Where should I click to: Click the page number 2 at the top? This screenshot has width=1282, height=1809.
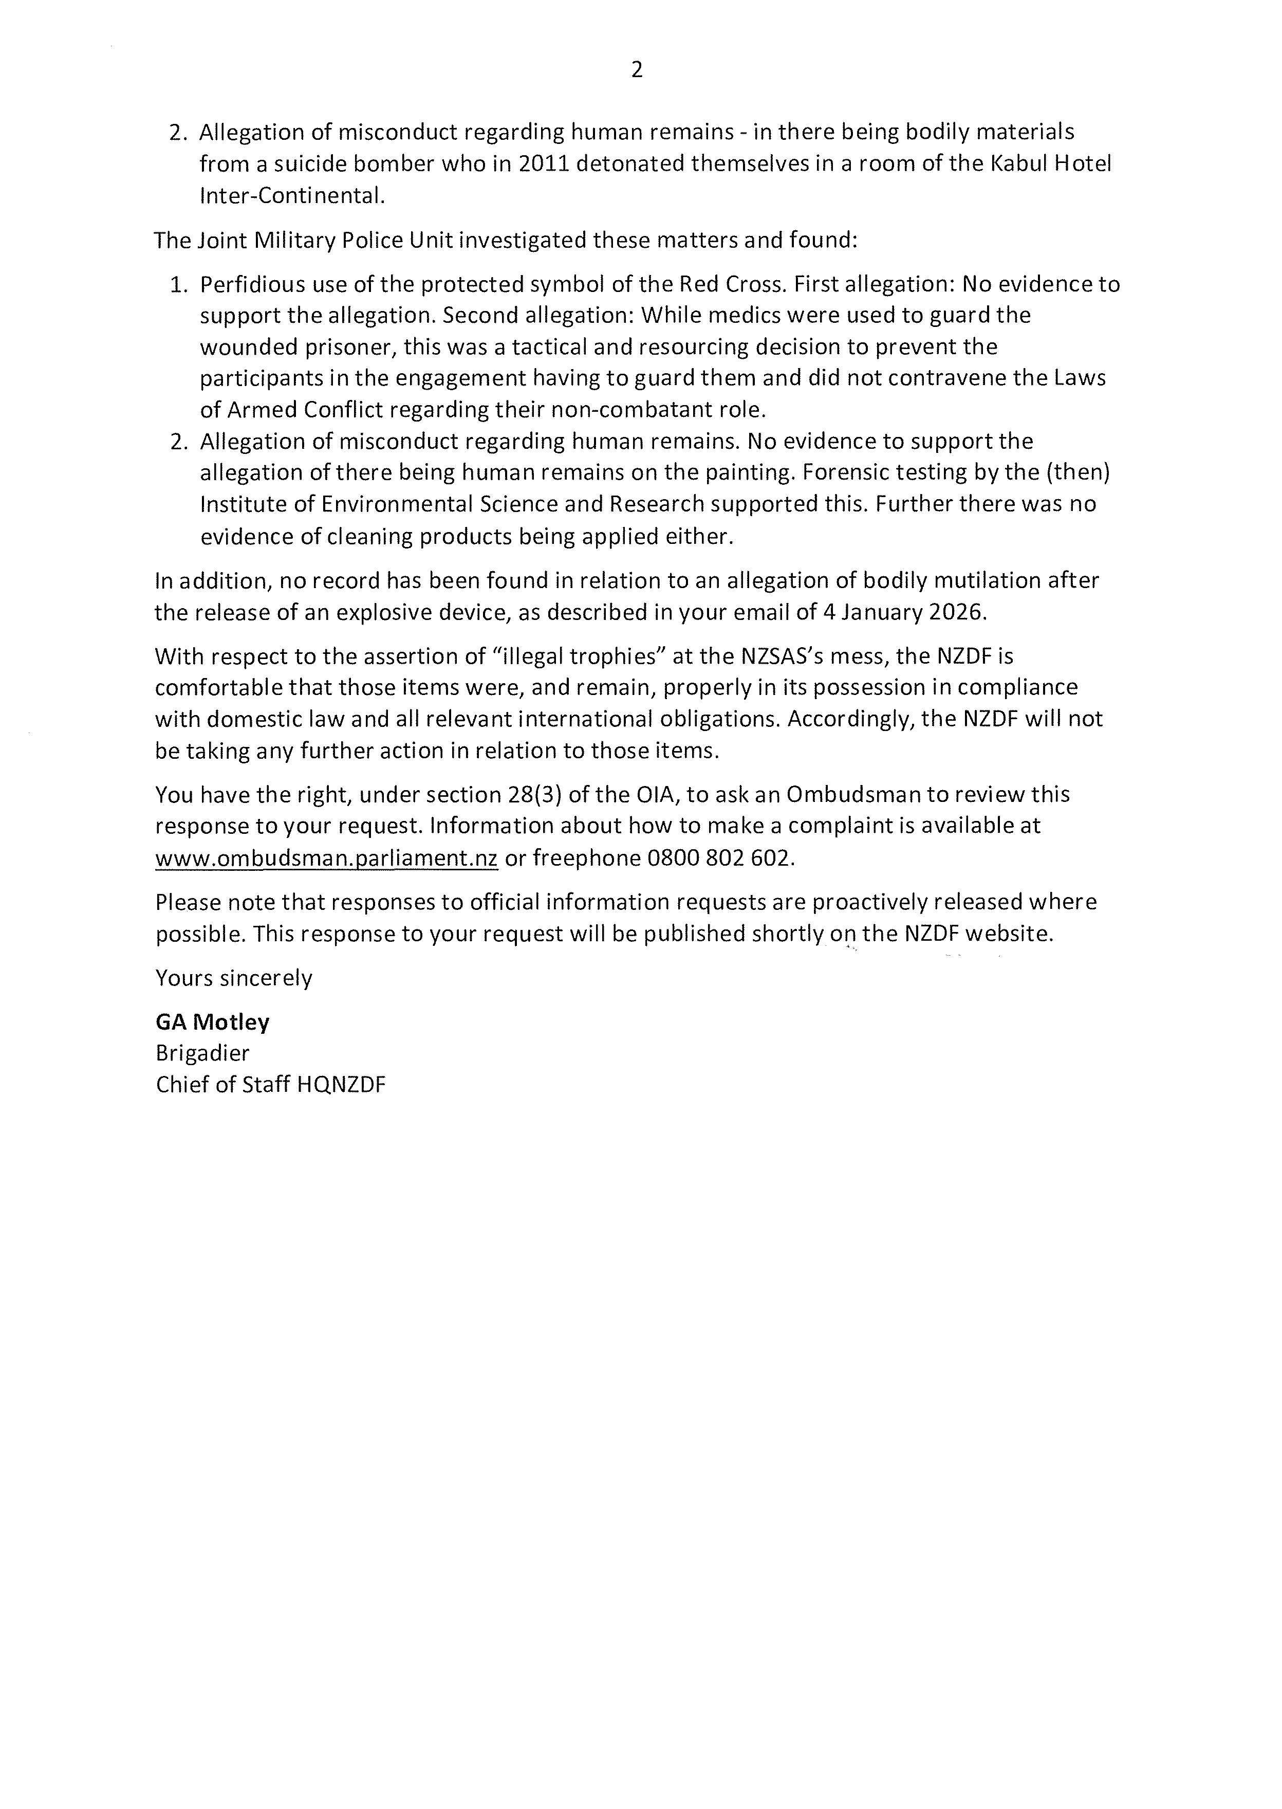[x=637, y=70]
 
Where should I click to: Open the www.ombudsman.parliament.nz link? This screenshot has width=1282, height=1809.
[x=326, y=858]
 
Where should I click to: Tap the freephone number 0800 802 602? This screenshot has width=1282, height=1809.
[x=718, y=858]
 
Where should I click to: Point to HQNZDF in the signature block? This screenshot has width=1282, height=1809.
[x=341, y=1085]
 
